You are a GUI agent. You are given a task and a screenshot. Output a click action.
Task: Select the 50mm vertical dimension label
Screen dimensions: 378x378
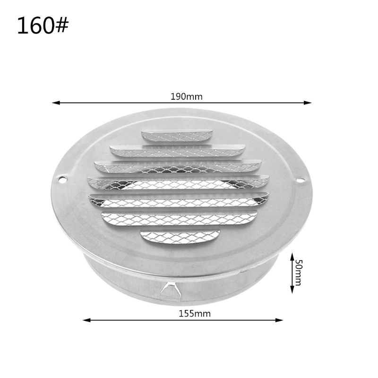coord(298,273)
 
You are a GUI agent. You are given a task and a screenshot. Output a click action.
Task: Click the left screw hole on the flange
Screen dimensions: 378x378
coord(61,179)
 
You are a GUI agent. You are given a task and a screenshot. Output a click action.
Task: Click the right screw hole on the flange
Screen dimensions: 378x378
coord(300,179)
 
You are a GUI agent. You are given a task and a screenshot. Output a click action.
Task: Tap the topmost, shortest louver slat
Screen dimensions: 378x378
coord(177,136)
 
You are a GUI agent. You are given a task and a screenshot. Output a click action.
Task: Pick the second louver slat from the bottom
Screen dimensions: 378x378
coord(180,218)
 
